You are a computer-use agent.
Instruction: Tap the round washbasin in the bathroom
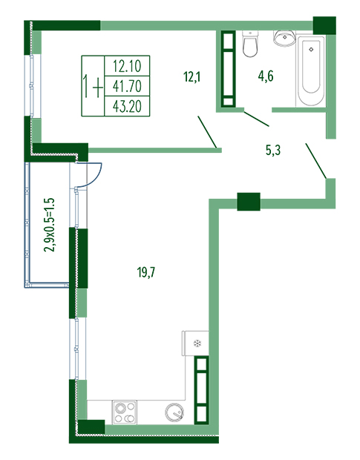tap(284, 38)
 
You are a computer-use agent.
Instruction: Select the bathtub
tap(311, 71)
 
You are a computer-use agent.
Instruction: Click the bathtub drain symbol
tap(311, 50)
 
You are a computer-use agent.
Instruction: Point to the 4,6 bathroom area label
tap(266, 76)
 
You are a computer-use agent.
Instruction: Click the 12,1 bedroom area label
tap(192, 77)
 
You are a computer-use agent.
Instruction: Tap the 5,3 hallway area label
tap(273, 150)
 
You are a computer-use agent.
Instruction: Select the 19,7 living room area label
tap(146, 272)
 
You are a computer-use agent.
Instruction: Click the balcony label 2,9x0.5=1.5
tap(49, 225)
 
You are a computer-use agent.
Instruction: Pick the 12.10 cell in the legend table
tap(127, 66)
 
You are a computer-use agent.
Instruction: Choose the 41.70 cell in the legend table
tap(127, 86)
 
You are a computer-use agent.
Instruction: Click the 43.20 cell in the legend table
tap(127, 106)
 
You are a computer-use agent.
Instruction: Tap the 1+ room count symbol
tap(93, 86)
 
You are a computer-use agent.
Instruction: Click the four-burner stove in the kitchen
tap(125, 413)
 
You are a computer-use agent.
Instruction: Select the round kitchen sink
tap(174, 413)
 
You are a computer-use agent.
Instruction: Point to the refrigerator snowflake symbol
tap(197, 344)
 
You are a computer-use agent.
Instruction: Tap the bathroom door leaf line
tap(256, 119)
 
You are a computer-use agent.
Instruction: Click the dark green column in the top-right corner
tap(324, 25)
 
